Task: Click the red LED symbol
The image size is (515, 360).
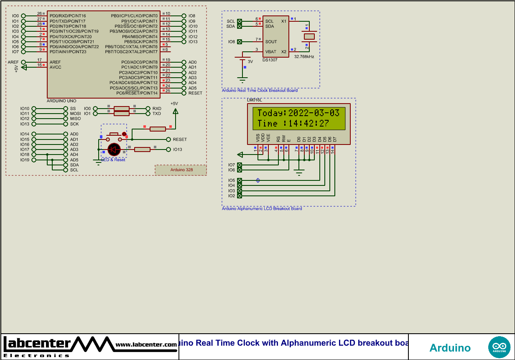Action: pos(114,150)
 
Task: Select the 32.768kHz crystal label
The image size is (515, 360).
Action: pos(304,56)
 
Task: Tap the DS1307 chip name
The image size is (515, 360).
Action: pos(270,60)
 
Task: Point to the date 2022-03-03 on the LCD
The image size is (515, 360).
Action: pos(314,113)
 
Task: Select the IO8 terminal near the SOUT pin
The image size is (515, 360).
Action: pos(239,42)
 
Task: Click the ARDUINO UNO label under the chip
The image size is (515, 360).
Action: pos(62,101)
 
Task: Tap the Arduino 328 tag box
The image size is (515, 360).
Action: pos(181,170)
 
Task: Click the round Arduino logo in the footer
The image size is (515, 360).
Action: pos(499,347)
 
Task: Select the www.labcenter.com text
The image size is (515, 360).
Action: pos(146,345)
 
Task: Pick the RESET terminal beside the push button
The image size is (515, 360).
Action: pos(169,139)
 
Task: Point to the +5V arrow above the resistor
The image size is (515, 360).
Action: pos(175,111)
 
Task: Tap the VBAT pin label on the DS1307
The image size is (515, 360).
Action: pos(271,52)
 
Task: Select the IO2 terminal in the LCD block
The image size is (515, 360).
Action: pos(239,196)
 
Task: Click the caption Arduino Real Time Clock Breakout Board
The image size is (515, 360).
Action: pos(260,90)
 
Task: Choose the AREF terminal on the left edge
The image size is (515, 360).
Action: pos(23,62)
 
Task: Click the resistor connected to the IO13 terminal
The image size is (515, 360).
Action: pos(142,150)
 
